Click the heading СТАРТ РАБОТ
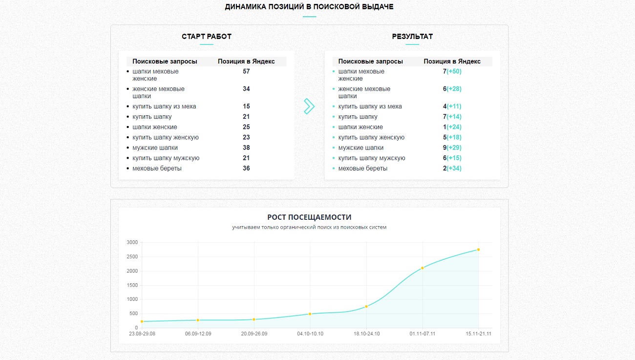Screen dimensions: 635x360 click(206, 37)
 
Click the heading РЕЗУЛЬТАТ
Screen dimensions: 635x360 click(412, 37)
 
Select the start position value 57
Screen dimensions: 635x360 click(246, 71)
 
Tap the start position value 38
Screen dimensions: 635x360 click(246, 148)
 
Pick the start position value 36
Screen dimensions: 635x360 click(246, 169)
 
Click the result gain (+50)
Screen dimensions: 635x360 click(454, 71)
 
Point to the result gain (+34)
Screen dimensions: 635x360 click(454, 169)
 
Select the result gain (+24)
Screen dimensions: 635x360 click(454, 127)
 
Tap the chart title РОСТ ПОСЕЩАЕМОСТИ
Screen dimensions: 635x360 click(309, 217)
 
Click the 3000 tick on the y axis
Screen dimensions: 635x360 click(132, 242)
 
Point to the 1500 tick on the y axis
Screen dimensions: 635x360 click(132, 285)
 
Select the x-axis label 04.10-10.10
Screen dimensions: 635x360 click(310, 334)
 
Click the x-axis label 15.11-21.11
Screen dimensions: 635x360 click(478, 334)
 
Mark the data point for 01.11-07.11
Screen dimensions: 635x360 click(423, 268)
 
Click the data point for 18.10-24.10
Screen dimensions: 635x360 click(366, 306)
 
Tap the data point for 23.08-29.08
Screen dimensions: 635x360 click(142, 321)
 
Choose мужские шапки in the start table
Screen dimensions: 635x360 click(155, 148)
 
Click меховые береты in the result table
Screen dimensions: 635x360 click(363, 169)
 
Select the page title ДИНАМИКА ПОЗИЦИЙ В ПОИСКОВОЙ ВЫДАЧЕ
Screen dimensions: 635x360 click(309, 6)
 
